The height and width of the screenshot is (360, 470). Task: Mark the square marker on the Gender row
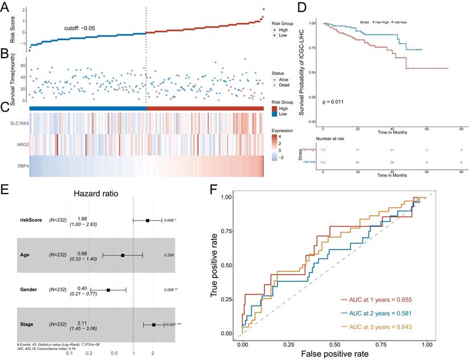click(108, 290)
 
